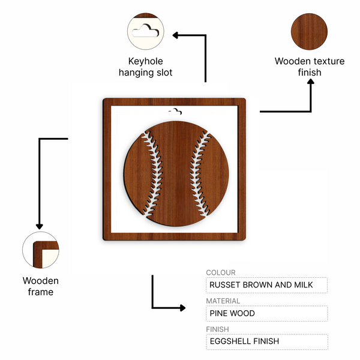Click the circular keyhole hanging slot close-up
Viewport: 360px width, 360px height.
146,31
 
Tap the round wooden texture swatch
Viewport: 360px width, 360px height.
309,31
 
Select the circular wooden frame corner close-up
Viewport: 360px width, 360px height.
41,250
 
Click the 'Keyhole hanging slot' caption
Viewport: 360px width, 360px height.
146,67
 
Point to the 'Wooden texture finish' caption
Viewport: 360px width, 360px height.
310,67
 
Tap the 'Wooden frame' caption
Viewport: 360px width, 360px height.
41,286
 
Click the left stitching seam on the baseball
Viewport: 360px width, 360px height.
154,173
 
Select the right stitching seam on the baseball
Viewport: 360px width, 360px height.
199,173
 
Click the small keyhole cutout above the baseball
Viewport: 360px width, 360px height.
175,112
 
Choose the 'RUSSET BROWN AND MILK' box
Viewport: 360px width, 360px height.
266,285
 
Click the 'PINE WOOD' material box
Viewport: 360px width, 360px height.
266,313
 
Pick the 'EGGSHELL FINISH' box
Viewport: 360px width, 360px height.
267,341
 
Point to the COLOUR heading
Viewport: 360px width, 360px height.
221,272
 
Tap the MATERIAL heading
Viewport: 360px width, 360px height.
223,301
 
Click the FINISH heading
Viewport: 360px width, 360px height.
217,329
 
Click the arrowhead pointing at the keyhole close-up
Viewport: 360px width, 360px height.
175,35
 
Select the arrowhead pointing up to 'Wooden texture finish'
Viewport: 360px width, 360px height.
311,82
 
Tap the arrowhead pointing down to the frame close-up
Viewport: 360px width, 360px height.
40,227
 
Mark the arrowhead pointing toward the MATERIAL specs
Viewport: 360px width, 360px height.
183,308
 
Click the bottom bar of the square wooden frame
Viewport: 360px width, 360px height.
174,236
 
